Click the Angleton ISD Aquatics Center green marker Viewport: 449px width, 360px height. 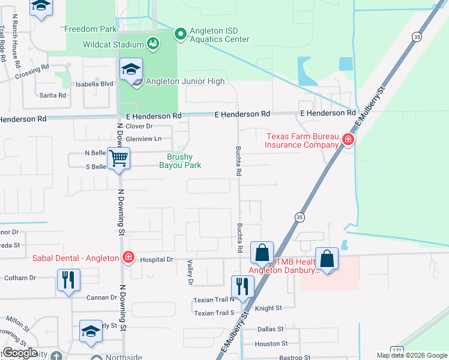tap(181, 34)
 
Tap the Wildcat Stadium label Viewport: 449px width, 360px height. tap(112, 44)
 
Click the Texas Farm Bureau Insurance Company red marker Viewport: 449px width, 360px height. tap(347, 140)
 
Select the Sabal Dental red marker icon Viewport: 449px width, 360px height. tap(128, 258)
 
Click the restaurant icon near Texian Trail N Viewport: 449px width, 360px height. tap(242, 285)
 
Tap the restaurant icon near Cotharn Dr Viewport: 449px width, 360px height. tap(68, 280)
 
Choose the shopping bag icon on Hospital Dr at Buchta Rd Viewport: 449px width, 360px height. tap(262, 253)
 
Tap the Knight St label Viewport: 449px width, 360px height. tap(268, 308)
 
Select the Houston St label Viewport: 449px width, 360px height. tap(267, 344)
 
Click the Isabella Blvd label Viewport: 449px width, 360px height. tap(94, 85)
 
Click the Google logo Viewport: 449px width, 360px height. tap(20, 353)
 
